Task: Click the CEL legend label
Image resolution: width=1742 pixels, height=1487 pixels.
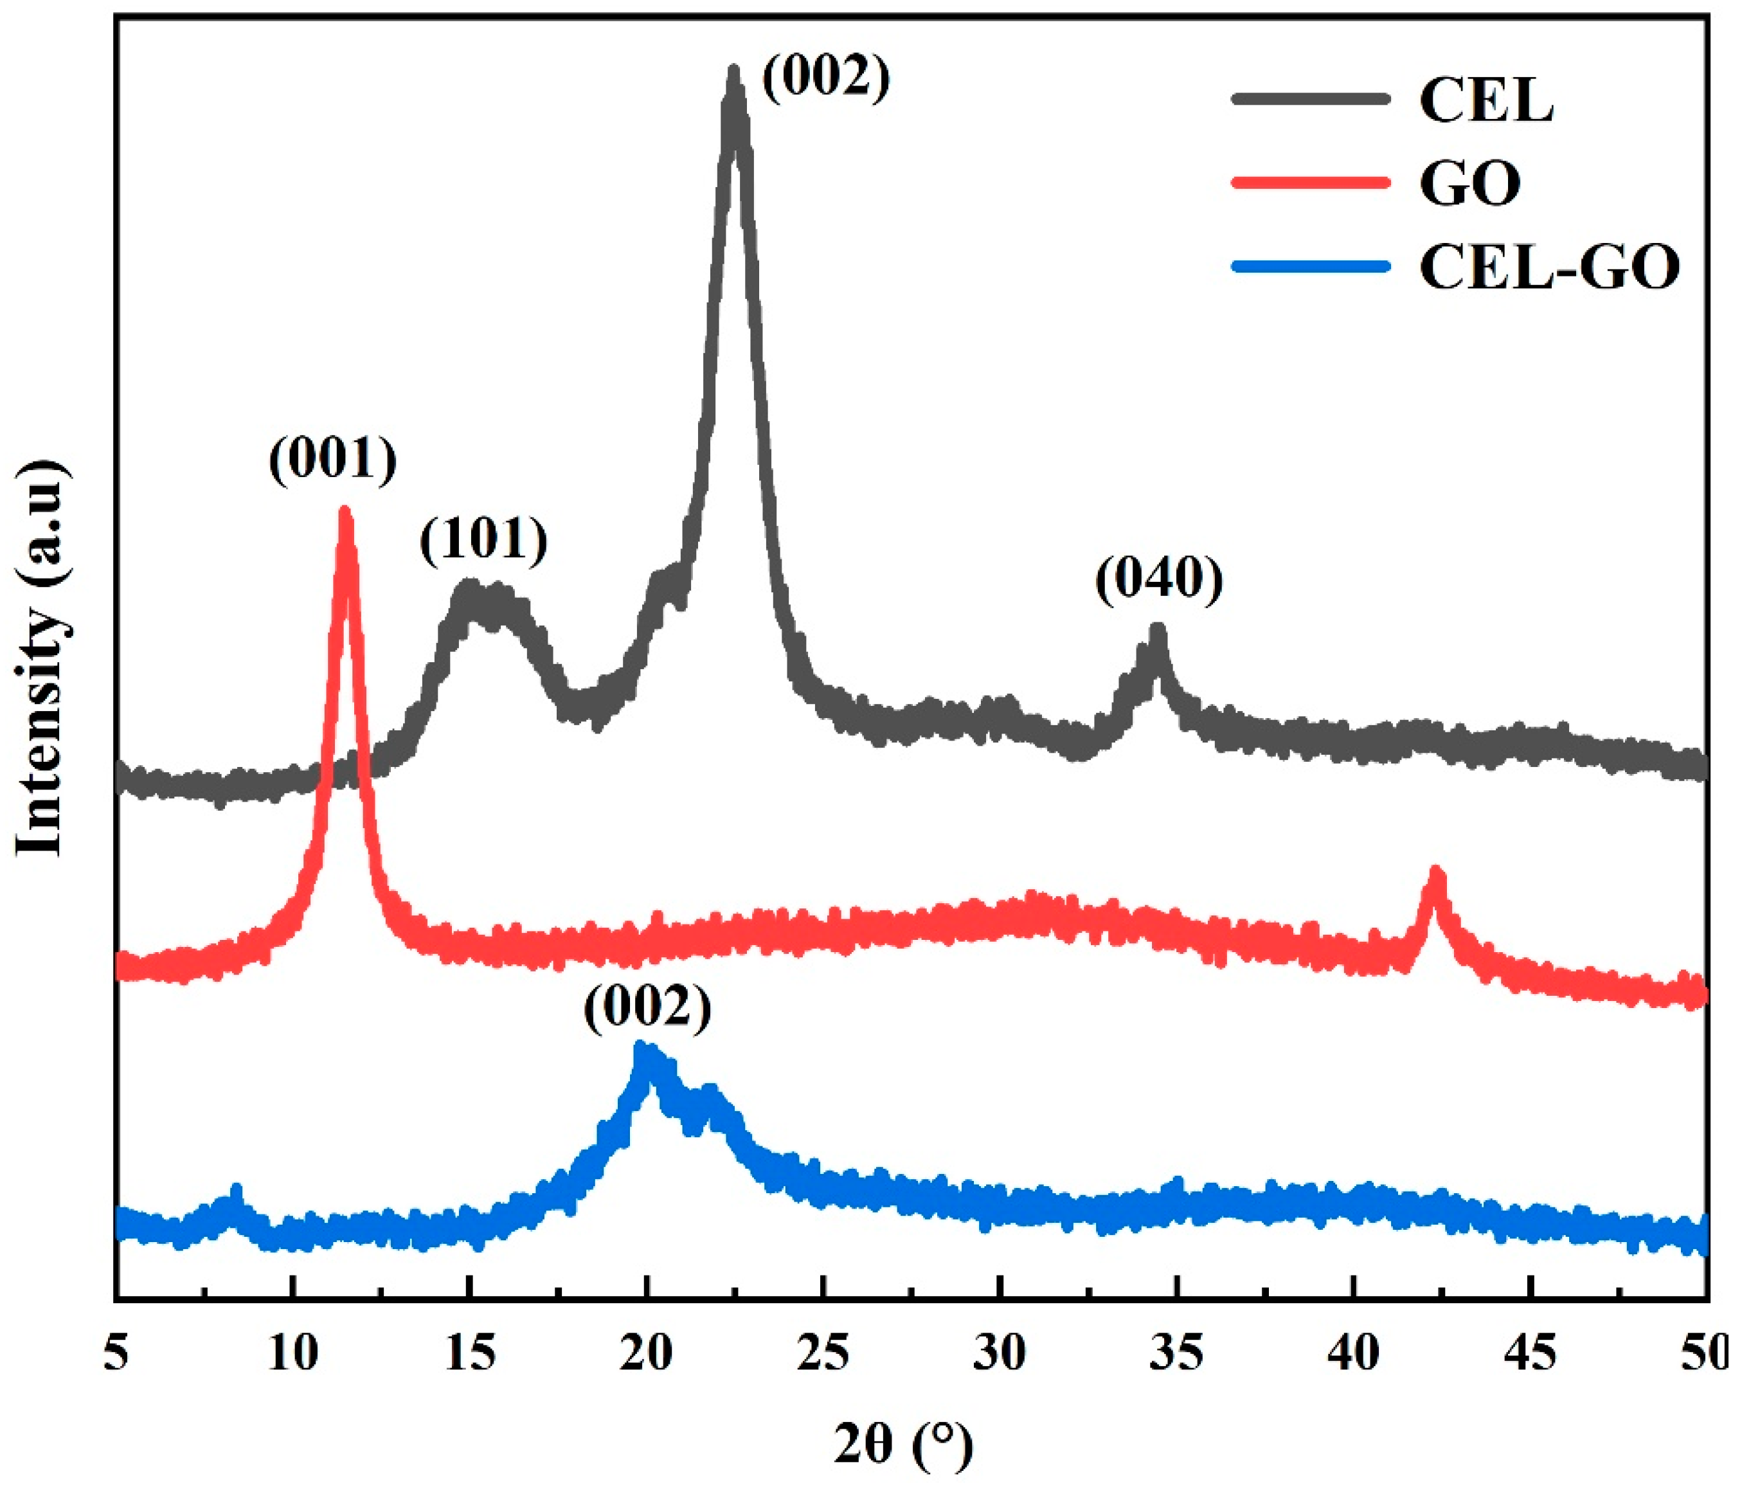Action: coord(1486,101)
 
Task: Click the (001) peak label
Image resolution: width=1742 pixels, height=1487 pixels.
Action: coord(333,460)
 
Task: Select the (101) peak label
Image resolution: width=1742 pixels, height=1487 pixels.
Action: coord(483,539)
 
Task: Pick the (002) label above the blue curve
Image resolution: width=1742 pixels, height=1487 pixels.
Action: coord(647,1007)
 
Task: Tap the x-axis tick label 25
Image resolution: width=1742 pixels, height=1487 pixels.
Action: coord(823,1354)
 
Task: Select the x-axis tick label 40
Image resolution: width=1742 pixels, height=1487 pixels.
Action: coord(1354,1354)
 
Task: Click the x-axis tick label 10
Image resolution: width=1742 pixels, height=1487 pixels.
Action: coord(292,1354)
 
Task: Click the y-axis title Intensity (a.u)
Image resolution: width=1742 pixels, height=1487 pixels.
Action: coord(40,658)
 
